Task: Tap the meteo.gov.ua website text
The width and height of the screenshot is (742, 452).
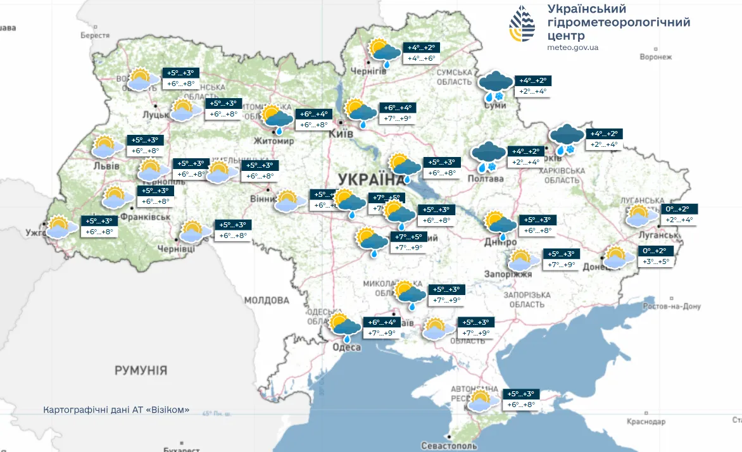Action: pyautogui.click(x=573, y=47)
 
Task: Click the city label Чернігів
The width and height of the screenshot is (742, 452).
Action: pyautogui.click(x=368, y=70)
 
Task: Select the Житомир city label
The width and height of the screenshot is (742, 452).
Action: pyautogui.click(x=274, y=141)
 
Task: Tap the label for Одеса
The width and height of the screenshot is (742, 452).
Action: pyautogui.click(x=346, y=347)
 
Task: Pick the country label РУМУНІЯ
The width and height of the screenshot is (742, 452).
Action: pyautogui.click(x=141, y=370)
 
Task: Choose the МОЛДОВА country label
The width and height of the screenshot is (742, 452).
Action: pyautogui.click(x=267, y=299)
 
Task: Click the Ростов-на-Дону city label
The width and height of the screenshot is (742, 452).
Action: pyautogui.click(x=673, y=306)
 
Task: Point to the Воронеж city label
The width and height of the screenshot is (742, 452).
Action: pyautogui.click(x=655, y=57)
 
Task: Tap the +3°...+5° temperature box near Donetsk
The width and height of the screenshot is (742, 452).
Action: pyautogui.click(x=655, y=261)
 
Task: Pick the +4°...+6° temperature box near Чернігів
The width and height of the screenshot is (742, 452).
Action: pyautogui.click(x=422, y=58)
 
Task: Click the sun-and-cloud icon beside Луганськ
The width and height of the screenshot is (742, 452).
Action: pyautogui.click(x=643, y=215)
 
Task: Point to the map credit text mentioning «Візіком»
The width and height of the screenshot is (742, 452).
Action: pyautogui.click(x=116, y=410)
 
